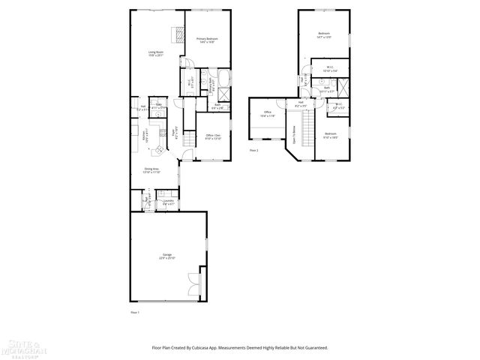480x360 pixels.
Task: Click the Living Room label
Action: point(155,53)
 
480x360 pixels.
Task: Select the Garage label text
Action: point(166,256)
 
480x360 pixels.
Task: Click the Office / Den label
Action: point(214,136)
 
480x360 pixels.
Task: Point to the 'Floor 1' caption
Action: point(136,311)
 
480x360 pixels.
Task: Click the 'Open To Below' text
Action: point(294,140)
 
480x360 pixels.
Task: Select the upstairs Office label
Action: point(268,115)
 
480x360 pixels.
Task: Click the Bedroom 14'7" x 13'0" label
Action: point(324,34)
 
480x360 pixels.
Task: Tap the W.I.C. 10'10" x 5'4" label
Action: point(330,69)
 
